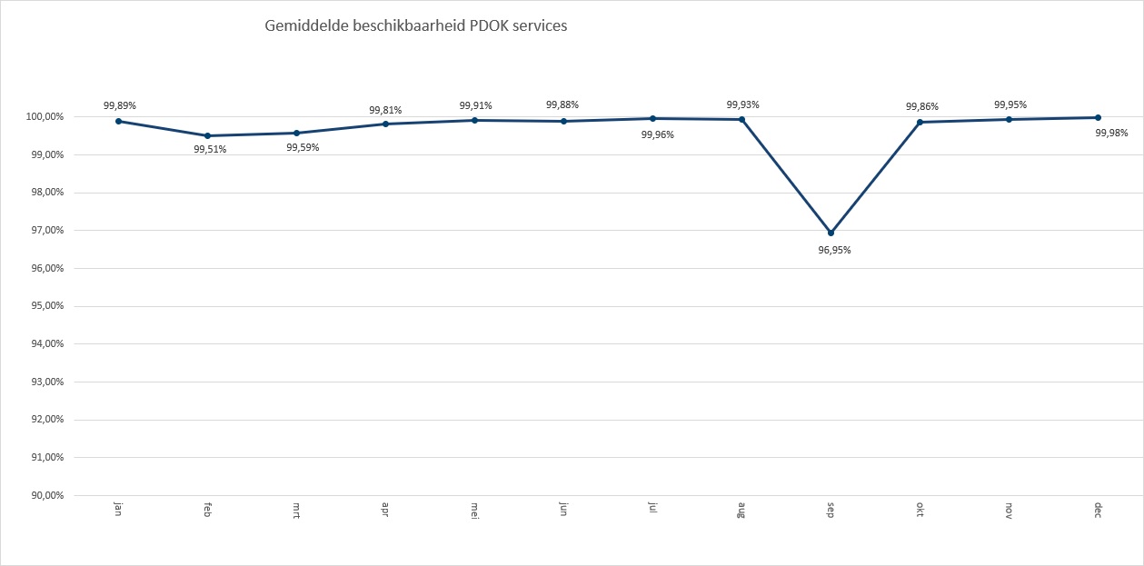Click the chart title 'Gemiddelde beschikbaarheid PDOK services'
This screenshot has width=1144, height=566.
pyautogui.click(x=415, y=26)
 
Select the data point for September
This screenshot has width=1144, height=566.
pyautogui.click(x=831, y=233)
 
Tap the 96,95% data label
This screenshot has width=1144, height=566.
pyautogui.click(x=834, y=250)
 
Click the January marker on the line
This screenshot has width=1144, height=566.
pyautogui.click(x=118, y=121)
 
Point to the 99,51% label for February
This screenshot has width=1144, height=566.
pyautogui.click(x=210, y=150)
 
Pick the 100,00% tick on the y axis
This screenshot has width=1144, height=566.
pyautogui.click(x=45, y=117)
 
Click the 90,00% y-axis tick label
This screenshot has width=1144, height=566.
pyautogui.click(x=45, y=495)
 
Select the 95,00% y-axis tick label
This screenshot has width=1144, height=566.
pyautogui.click(x=45, y=306)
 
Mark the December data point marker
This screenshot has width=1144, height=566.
pyautogui.click(x=1098, y=117)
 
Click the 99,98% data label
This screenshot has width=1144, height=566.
pyautogui.click(x=1111, y=133)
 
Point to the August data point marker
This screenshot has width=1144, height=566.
pyautogui.click(x=741, y=119)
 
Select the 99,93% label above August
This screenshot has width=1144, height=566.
pyautogui.click(x=742, y=104)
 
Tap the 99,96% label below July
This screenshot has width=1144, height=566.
pyautogui.click(x=657, y=134)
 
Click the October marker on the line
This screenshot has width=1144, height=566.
pyautogui.click(x=920, y=122)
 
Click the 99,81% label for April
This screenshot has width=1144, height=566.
pyautogui.click(x=385, y=110)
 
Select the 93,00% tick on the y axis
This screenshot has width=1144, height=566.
pyautogui.click(x=45, y=382)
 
